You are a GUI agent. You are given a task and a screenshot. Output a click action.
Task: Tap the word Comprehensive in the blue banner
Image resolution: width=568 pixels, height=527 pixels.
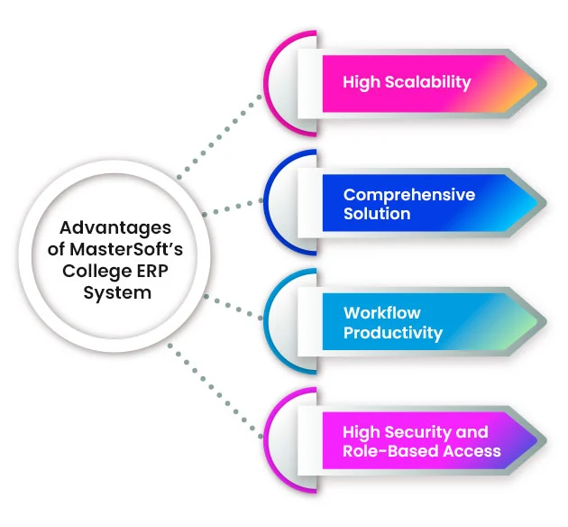point(408,195)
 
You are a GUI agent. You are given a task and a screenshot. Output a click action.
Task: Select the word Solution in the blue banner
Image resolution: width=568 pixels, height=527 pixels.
point(376,215)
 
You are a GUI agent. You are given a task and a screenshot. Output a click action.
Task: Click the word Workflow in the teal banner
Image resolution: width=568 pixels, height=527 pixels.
point(381,313)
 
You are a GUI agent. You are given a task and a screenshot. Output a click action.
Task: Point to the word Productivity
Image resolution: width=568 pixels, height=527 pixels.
point(392,333)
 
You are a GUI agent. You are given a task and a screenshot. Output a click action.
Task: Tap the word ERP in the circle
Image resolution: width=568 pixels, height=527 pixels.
point(142,271)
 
